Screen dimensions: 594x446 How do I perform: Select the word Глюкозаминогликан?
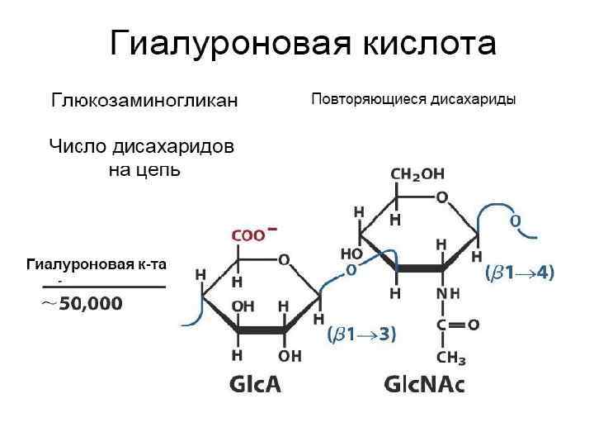[144, 101]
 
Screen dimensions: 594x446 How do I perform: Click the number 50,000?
[91, 304]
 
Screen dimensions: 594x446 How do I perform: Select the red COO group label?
[249, 235]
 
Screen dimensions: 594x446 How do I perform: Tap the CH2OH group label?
[417, 174]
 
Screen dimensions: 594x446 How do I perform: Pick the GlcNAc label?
[425, 384]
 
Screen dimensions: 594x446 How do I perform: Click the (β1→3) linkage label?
[362, 334]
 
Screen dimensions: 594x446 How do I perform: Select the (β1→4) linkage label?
[520, 273]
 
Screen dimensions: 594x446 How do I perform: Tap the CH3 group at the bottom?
[451, 357]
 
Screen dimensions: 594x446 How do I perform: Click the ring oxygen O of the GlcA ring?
[283, 259]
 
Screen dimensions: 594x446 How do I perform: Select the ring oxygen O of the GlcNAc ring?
[442, 198]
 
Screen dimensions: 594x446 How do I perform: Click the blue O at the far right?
[516, 221]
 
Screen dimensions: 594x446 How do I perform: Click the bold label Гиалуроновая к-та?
[97, 264]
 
